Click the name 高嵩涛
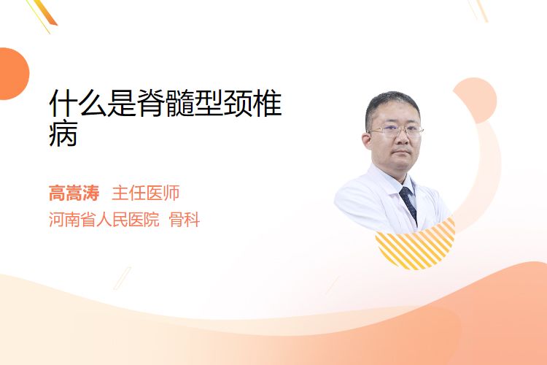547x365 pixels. coord(74,193)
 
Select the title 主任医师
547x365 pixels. coord(146,193)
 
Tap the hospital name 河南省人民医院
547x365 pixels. coord(104,220)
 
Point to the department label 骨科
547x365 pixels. coord(185,220)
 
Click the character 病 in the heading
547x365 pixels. coord(63,134)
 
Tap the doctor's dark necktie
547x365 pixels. coord(408,204)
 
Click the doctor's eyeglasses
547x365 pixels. coord(396,131)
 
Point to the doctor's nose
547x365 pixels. coord(402,138)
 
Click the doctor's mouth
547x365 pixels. coord(402,153)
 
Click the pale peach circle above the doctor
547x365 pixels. coord(476,100)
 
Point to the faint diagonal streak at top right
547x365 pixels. coord(478,10)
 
